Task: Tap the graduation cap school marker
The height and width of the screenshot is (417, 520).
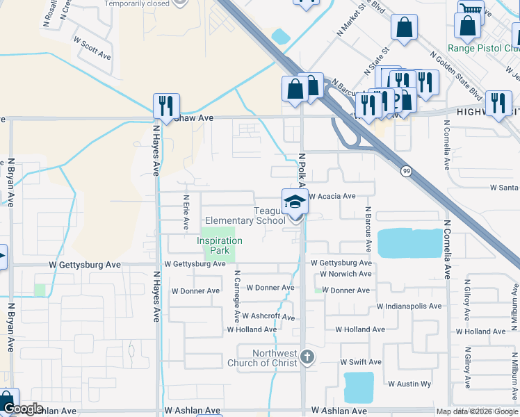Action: pyautogui.click(x=295, y=202)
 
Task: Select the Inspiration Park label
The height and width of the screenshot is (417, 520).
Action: pyautogui.click(x=220, y=245)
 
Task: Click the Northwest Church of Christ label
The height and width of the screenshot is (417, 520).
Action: pyautogui.click(x=264, y=358)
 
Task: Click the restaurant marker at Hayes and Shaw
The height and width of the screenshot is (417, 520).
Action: pyautogui.click(x=166, y=106)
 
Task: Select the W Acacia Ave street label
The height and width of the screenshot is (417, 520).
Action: pyautogui.click(x=332, y=197)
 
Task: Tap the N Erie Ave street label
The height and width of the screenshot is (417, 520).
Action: pyautogui.click(x=186, y=212)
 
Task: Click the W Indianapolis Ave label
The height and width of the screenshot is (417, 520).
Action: pyautogui.click(x=409, y=306)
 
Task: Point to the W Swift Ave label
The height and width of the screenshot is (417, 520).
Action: pyautogui.click(x=361, y=362)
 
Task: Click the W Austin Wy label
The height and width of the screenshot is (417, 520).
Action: pyautogui.click(x=409, y=384)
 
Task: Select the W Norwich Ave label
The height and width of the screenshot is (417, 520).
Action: pyautogui.click(x=345, y=274)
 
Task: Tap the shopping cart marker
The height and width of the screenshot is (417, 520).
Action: pyautogui.click(x=471, y=10)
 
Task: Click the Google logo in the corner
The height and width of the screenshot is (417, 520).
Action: pyautogui.click(x=24, y=409)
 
